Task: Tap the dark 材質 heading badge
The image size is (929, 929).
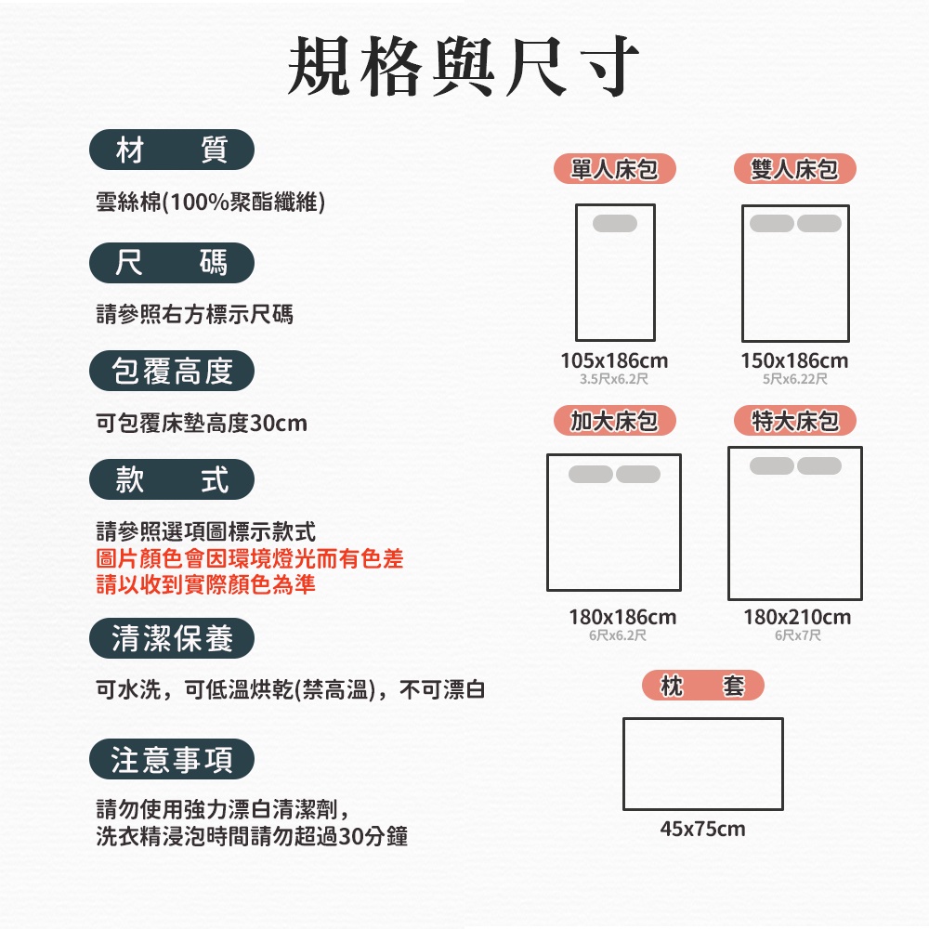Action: tap(172, 150)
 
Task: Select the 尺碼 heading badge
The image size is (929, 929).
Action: tap(172, 263)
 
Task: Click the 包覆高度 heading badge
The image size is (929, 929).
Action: tap(172, 372)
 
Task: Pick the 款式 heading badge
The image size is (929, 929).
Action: tap(172, 479)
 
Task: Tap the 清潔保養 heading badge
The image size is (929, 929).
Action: tap(172, 638)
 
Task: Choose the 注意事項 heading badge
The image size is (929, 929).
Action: tap(172, 760)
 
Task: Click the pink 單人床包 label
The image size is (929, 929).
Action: tap(614, 169)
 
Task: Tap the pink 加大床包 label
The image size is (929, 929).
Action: tap(614, 422)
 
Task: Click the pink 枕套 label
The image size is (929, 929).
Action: tap(702, 687)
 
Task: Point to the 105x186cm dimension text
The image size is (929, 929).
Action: tap(614, 360)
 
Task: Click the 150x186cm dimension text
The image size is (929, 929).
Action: tap(794, 360)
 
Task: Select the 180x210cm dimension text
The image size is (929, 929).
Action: tap(797, 617)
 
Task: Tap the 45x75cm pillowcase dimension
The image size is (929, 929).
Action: tap(702, 829)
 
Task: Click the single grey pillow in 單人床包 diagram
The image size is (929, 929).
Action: tap(615, 223)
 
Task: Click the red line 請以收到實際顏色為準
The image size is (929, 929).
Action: tap(206, 584)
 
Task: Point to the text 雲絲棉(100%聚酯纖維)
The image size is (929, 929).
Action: tap(210, 202)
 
